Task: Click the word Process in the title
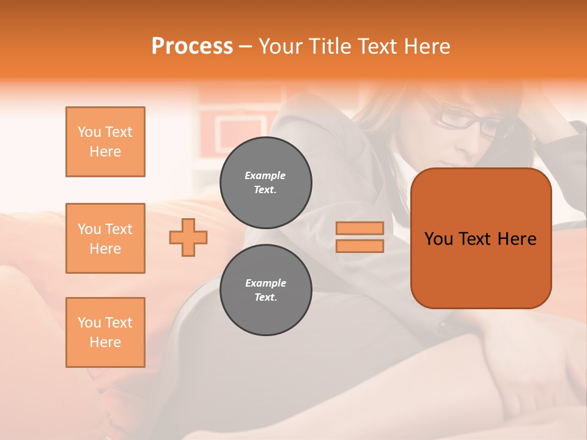coord(192,46)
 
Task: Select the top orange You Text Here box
coord(105,142)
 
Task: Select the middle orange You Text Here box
coord(105,238)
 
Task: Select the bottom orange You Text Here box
coord(105,332)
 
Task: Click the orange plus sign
coord(188,237)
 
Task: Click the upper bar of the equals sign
coord(360,228)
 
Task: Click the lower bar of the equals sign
coord(360,246)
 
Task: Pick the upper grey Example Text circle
coord(266,183)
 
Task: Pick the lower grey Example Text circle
coord(266,290)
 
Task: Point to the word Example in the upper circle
coord(265,175)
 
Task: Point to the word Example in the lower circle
coord(265,283)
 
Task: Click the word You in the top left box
coord(89,132)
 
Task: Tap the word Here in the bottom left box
coord(105,342)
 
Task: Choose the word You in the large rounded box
coord(438,239)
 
